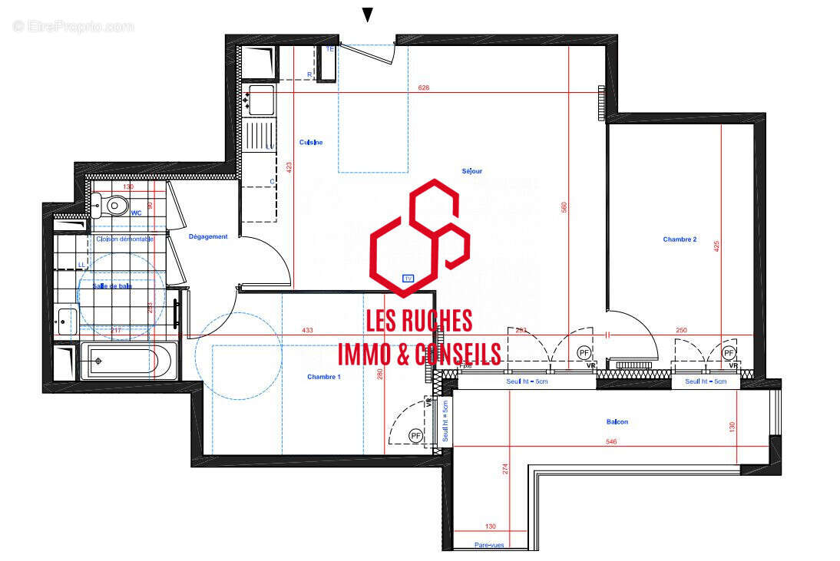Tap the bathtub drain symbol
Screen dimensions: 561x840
[98, 361]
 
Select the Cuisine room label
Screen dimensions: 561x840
[311, 142]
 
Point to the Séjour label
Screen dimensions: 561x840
[471, 171]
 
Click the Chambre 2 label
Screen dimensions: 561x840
[680, 239]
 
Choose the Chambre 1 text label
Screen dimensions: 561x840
[323, 377]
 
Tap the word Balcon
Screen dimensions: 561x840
[617, 421]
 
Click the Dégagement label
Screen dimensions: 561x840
[208, 236]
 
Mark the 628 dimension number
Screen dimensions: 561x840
[424, 87]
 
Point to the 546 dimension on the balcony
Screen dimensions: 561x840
[612, 442]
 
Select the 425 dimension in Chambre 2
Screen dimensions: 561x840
[717, 246]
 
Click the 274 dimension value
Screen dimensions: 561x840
[505, 470]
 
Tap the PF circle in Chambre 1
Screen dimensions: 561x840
[416, 436]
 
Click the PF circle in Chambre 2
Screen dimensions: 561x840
[729, 353]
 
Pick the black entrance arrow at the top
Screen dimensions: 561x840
[368, 15]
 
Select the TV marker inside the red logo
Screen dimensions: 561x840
[408, 279]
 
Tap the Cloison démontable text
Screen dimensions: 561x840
[124, 239]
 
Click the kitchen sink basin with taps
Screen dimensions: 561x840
[261, 97]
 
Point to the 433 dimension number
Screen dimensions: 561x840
[307, 331]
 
